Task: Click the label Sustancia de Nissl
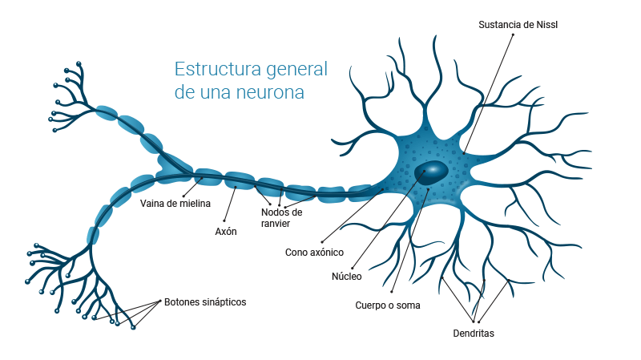click(x=518, y=24)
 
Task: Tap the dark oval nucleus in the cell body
click(x=432, y=171)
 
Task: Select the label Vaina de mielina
click(x=175, y=203)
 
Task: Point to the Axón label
click(x=226, y=231)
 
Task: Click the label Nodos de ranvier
click(x=281, y=218)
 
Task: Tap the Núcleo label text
click(x=347, y=277)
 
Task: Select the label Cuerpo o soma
click(x=388, y=305)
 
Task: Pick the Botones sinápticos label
click(x=205, y=302)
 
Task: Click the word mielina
click(x=193, y=203)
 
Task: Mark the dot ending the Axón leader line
click(x=225, y=220)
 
